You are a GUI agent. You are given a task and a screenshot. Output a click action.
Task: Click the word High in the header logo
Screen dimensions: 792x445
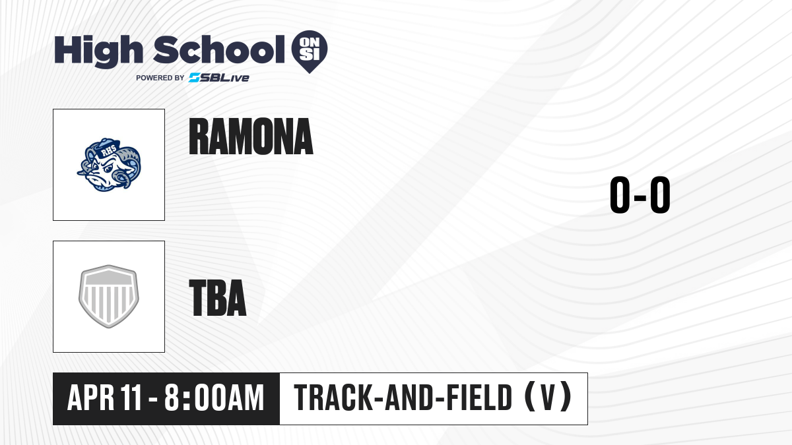[x=99, y=51]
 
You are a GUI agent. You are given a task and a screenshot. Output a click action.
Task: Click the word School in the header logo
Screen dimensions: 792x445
[x=219, y=49]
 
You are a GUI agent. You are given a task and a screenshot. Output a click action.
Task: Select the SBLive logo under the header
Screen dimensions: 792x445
[x=219, y=78]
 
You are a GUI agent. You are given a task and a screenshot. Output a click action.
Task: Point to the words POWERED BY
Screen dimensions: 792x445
[x=160, y=78]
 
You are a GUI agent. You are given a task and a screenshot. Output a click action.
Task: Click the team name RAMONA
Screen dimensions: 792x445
[x=251, y=136]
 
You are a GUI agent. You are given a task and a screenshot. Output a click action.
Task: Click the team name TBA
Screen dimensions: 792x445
[x=217, y=297]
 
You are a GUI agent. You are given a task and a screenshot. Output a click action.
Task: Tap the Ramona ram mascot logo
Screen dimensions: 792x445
[x=109, y=165]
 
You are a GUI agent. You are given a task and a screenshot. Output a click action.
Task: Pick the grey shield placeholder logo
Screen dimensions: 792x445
[x=108, y=297]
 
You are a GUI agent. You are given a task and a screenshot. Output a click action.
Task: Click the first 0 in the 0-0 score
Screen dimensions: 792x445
[x=620, y=195]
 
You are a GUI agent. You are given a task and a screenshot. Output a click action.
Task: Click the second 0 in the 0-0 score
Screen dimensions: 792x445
[x=660, y=195]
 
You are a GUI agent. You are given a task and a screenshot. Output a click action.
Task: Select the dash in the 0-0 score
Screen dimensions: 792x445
[x=640, y=197]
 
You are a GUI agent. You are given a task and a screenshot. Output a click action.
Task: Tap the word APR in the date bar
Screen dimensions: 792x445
[x=91, y=398]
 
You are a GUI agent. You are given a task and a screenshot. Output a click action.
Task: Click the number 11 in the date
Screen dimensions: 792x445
[x=131, y=398]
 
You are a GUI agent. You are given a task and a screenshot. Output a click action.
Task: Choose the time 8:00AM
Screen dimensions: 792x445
[x=214, y=398]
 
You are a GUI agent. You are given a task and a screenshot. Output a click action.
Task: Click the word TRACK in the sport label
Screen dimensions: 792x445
[x=333, y=398]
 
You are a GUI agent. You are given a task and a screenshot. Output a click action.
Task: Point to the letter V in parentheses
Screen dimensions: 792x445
[x=548, y=398]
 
